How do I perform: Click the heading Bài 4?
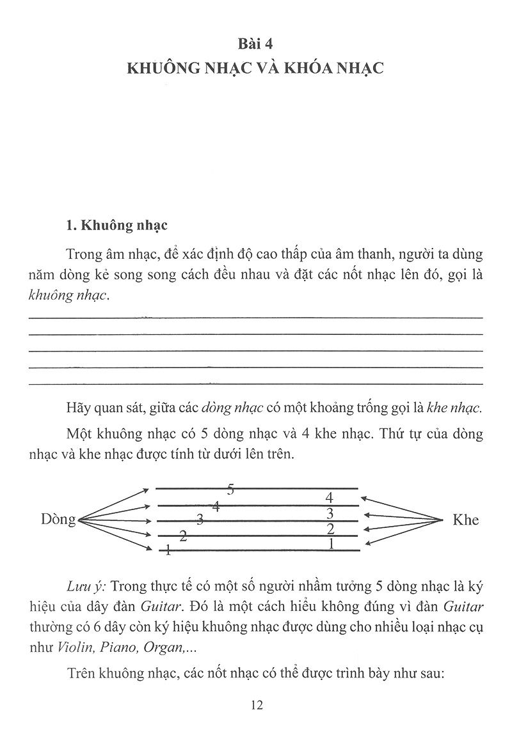click(x=255, y=43)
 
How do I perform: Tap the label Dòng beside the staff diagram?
click(x=58, y=519)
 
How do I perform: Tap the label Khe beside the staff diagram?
click(x=465, y=520)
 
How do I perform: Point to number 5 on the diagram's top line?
click(x=231, y=490)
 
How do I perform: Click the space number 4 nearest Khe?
click(x=329, y=497)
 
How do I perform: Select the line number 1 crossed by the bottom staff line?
click(x=168, y=550)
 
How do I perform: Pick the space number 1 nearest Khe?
click(x=331, y=544)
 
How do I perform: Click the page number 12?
click(x=255, y=706)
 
